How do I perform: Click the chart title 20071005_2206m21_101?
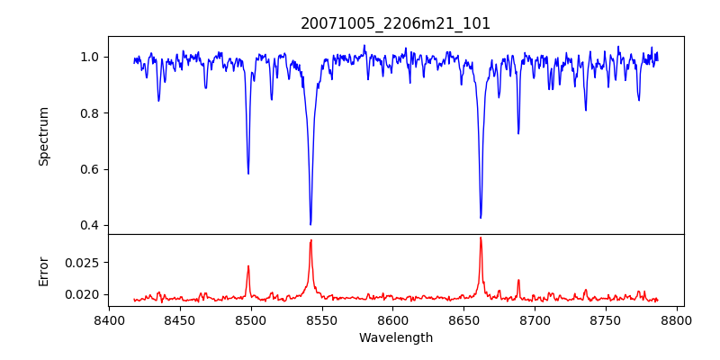pyautogui.click(x=396, y=23)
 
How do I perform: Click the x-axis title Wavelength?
pyautogui.click(x=396, y=337)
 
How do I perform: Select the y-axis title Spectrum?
pyautogui.click(x=44, y=136)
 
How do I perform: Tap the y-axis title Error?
pyautogui.click(x=44, y=270)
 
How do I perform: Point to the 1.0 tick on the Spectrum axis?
pyautogui.click(x=91, y=57)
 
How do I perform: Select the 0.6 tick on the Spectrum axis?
pyautogui.click(x=91, y=169)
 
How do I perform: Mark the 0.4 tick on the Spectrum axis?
pyautogui.click(x=91, y=225)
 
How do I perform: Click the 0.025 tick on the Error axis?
pyautogui.click(x=85, y=263)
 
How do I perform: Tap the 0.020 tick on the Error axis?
pyautogui.click(x=85, y=294)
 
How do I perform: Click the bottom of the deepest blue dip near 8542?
pyautogui.click(x=310, y=224)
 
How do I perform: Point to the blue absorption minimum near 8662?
pyautogui.click(x=481, y=218)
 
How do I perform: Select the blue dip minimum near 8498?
pyautogui.click(x=248, y=174)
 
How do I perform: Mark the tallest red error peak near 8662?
pyautogui.click(x=481, y=238)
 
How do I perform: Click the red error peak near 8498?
pyautogui.click(x=248, y=266)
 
